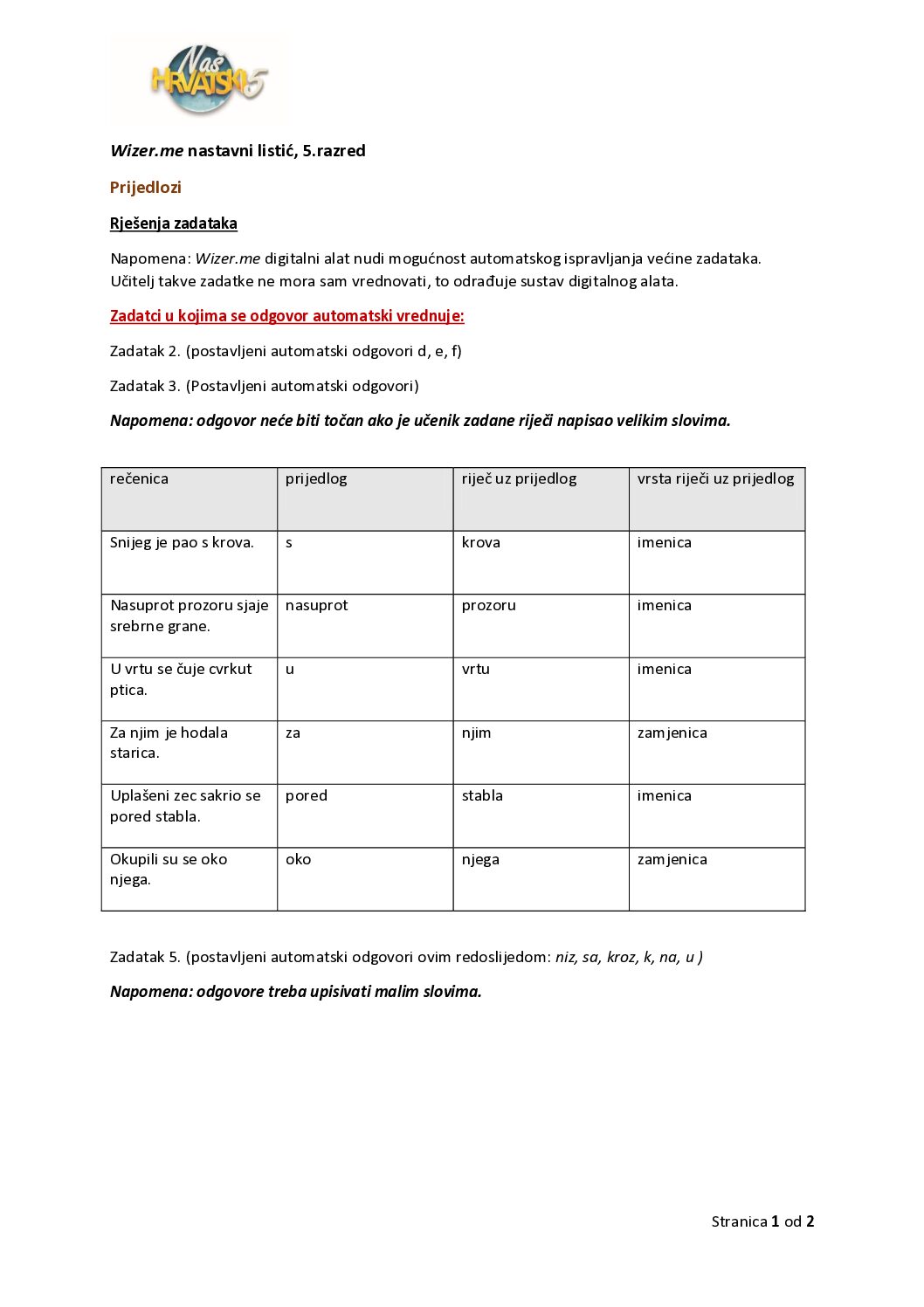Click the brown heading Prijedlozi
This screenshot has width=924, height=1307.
pos(146,188)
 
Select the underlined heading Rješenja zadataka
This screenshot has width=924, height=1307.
pos(174,224)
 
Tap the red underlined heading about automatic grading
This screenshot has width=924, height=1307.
pos(286,316)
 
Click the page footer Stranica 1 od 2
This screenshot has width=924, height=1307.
pos(762,1221)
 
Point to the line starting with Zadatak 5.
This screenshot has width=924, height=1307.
pos(406,957)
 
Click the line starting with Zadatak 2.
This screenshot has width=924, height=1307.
pos(286,351)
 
